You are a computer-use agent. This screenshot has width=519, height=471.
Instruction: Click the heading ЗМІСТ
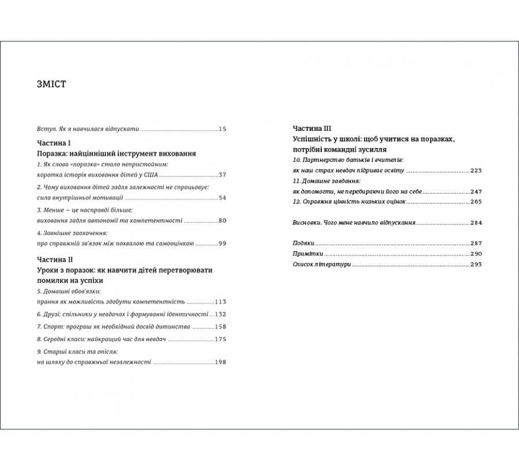coord(51,85)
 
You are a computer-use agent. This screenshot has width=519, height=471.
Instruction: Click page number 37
coord(223,175)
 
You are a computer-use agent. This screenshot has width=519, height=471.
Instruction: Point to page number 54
coord(223,198)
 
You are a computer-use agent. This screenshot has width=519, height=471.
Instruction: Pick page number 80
coord(223,221)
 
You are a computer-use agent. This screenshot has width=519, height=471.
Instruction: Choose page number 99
coord(223,243)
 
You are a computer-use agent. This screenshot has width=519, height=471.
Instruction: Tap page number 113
coord(220,302)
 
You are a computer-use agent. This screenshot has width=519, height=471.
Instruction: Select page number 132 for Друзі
coord(220,314)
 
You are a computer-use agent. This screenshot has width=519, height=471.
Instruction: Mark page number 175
coord(220,339)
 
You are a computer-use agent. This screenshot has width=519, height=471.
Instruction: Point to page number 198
coord(220,362)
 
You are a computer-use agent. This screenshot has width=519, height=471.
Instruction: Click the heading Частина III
coord(312,129)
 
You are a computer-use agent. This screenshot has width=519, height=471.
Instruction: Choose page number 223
coord(476,171)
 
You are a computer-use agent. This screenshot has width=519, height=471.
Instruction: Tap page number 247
coord(476,191)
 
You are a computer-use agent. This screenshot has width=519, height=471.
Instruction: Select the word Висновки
coord(306,223)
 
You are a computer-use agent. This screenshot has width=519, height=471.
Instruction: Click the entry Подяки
coord(303,243)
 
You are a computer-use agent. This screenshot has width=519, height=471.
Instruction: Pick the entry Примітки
coord(307,254)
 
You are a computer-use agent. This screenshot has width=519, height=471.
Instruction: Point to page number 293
coord(476,264)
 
